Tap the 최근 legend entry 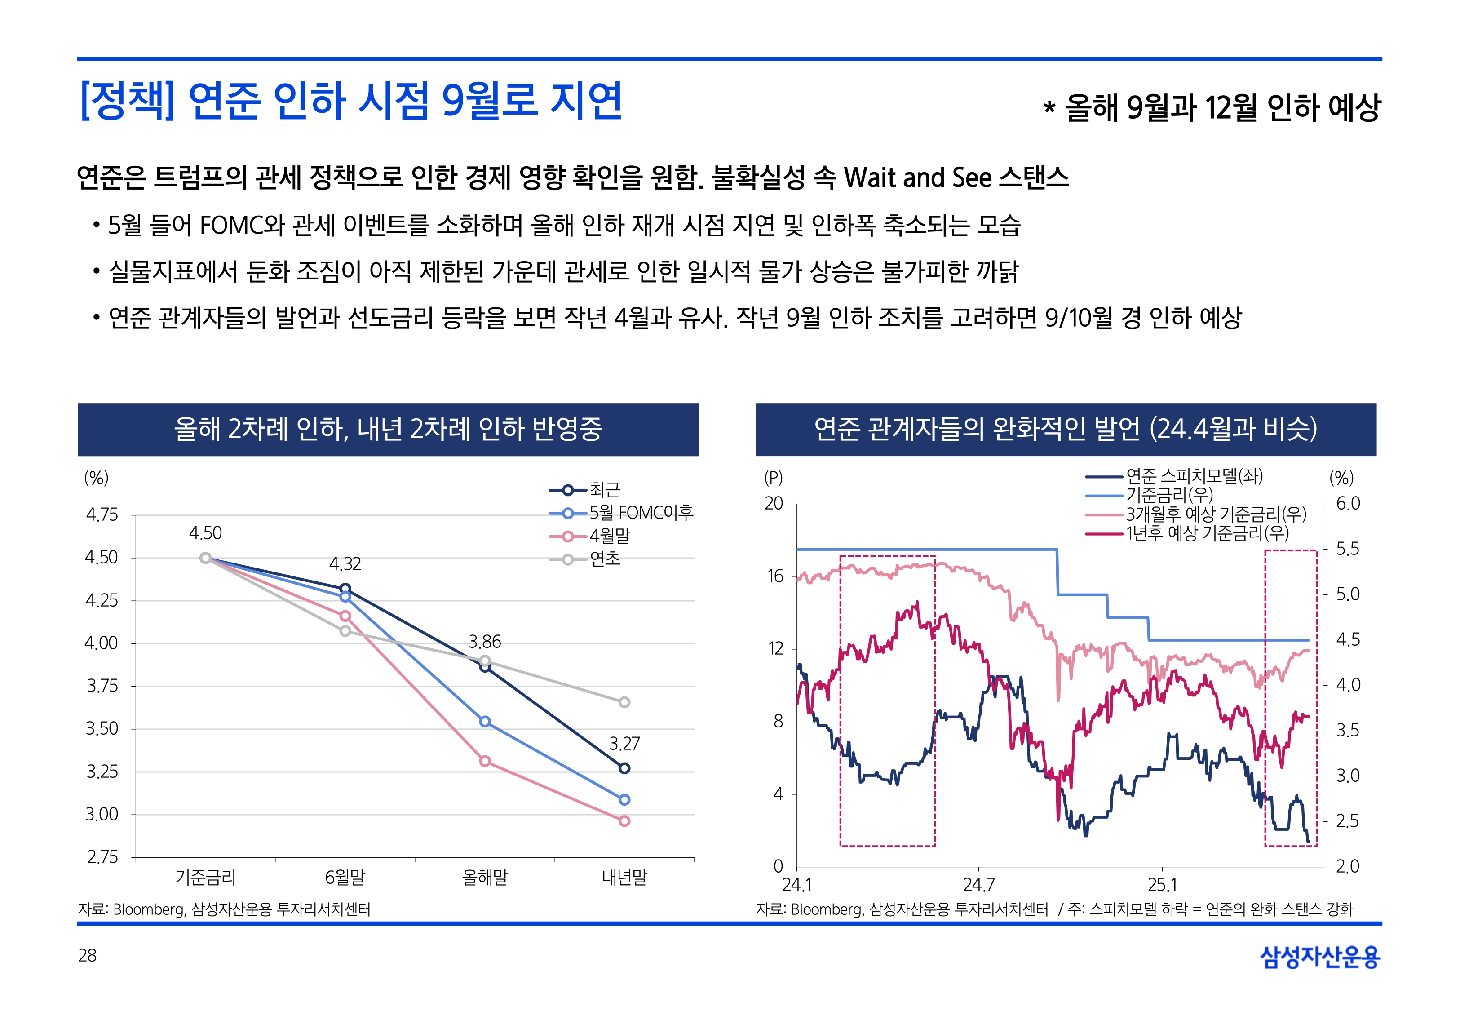(x=605, y=490)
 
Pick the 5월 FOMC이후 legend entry (x=641, y=513)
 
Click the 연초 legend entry (x=605, y=559)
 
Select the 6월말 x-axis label (x=345, y=878)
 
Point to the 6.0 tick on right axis (x=1347, y=504)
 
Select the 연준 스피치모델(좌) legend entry (x=1194, y=476)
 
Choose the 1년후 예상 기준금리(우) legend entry (x=1207, y=533)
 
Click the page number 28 (x=87, y=955)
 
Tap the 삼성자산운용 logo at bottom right (x=1320, y=957)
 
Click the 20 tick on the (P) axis (x=774, y=504)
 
